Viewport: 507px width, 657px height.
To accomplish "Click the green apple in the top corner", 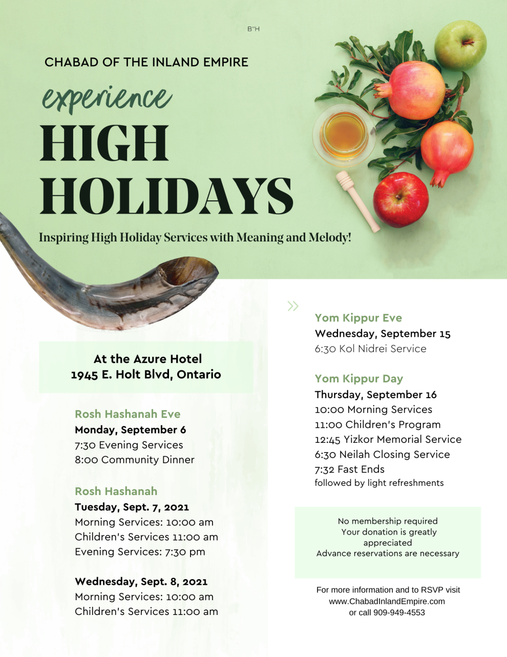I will point(460,45).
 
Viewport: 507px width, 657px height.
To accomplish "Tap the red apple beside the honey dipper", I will point(400,199).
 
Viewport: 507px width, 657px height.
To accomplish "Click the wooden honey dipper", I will point(357,201).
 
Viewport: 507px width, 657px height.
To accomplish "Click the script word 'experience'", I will point(107,98).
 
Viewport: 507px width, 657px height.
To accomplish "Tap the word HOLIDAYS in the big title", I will point(166,196).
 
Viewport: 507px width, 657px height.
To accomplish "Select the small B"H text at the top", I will point(253,29).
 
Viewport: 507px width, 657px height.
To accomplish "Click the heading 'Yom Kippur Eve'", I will point(358,318).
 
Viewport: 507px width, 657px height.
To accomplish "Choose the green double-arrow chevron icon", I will point(293,306).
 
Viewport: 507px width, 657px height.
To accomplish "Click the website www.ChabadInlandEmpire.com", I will point(387,601).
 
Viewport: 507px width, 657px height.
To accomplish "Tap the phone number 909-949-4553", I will point(399,612).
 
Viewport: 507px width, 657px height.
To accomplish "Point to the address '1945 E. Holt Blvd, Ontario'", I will point(146,375).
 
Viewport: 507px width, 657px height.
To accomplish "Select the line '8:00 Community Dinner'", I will point(135,460).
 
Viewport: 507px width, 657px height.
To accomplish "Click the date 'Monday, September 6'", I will point(131,429).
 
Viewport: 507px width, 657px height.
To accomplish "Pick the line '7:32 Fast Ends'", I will point(350,469).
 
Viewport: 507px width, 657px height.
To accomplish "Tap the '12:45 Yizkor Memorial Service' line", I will point(388,439).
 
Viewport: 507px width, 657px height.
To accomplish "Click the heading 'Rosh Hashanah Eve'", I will point(128,414).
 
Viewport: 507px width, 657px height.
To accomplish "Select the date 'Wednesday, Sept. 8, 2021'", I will point(141,582).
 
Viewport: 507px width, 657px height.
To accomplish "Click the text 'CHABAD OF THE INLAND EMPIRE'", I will point(146,62).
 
